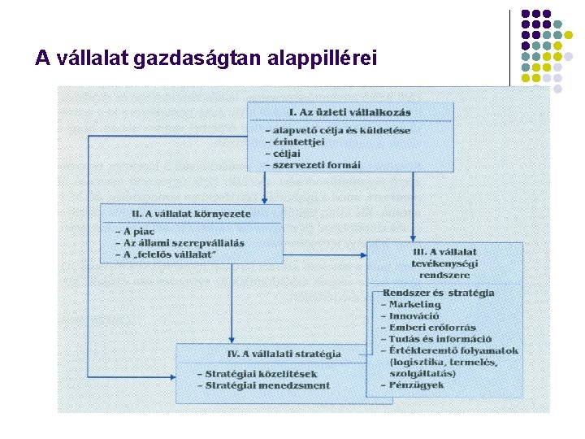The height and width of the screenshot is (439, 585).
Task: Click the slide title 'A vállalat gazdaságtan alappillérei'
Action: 206,59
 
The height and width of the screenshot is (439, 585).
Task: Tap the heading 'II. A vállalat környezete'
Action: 192,214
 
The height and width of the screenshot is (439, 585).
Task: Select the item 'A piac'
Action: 138,232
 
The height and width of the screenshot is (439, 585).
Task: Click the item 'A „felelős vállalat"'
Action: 170,255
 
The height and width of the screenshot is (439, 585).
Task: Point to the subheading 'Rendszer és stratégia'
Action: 438,293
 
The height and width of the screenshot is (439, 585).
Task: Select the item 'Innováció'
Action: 414,315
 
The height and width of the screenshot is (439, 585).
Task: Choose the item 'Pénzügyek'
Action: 417,385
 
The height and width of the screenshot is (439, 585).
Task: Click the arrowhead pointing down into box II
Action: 265,200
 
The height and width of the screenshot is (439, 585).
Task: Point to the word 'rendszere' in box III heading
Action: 445,274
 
